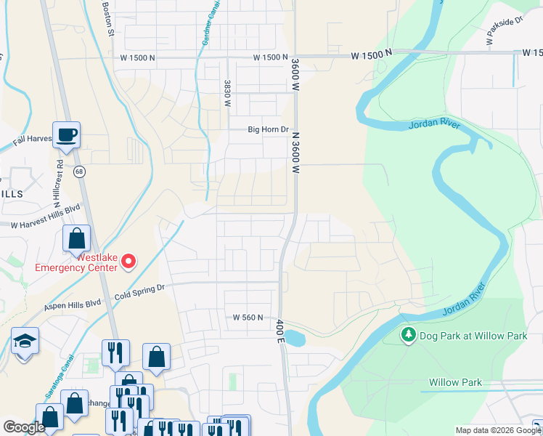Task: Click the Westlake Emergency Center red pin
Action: click(x=128, y=261)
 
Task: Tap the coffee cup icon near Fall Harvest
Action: click(x=67, y=134)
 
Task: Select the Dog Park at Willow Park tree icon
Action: click(x=409, y=334)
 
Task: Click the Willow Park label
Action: click(x=455, y=382)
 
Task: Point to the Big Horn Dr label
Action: click(x=269, y=130)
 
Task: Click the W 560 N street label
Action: click(x=248, y=318)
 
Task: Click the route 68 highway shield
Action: click(x=78, y=171)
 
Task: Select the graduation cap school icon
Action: click(x=25, y=341)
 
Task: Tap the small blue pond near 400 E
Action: click(x=294, y=338)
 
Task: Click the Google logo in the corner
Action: click(x=24, y=427)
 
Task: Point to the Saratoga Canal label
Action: click(x=60, y=378)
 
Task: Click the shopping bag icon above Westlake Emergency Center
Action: click(x=76, y=238)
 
